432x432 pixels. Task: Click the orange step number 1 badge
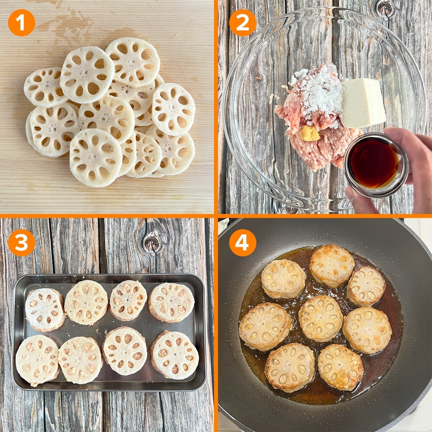(x=22, y=22)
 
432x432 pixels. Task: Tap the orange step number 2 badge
(x=242, y=22)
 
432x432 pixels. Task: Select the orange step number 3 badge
(x=22, y=242)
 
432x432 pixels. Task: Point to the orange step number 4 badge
(x=242, y=242)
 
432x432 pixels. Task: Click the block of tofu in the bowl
(x=363, y=103)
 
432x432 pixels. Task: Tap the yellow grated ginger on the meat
(x=309, y=134)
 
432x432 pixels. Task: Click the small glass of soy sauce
(x=376, y=165)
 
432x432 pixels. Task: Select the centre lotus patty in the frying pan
(x=320, y=318)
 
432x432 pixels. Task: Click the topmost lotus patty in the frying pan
(x=332, y=266)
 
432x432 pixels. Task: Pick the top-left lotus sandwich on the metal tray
(x=45, y=309)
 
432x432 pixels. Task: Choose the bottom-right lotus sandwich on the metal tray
(x=174, y=355)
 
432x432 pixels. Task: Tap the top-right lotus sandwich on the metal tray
(x=171, y=302)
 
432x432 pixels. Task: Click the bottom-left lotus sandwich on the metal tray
(x=38, y=360)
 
